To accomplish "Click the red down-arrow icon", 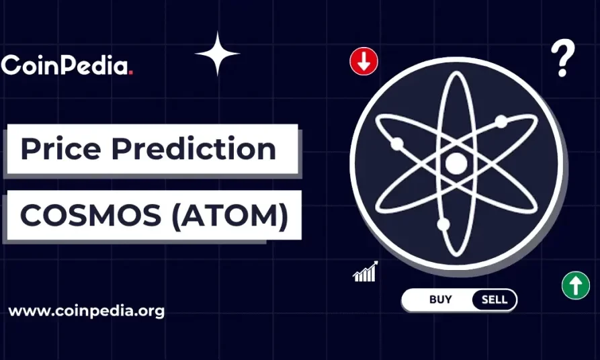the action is coord(363,61).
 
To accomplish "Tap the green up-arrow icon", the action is coord(576,285).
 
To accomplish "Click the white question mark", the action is coord(563,58).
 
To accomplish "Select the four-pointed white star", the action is coord(217,54).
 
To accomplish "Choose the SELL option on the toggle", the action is coord(495,300).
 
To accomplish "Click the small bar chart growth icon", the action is coord(366,271).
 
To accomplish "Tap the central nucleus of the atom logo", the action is coord(456,163).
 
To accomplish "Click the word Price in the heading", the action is coord(61,148).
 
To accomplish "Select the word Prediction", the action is coord(194,148).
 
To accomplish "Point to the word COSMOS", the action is coord(91,215).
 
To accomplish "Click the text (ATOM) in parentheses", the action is coord(230,216).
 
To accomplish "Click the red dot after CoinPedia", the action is coord(131,73).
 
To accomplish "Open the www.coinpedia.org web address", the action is coord(87,312).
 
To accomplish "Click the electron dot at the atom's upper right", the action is coord(501,122).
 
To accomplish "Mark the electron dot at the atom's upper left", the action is coord(397,144).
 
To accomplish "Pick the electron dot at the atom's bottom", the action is coord(443,224).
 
